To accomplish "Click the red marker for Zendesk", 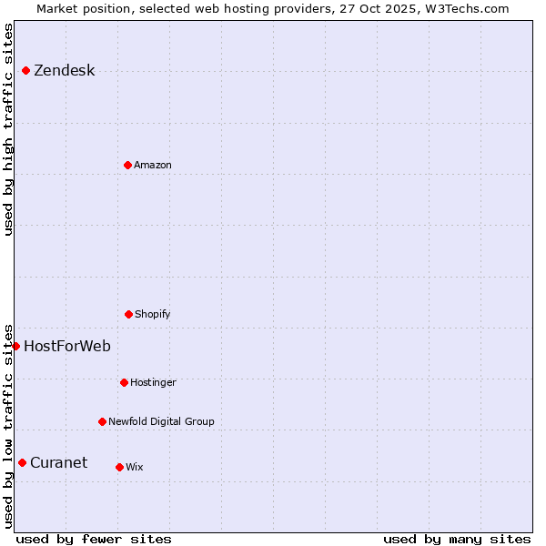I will click(25, 70).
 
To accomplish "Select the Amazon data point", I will click(127, 165).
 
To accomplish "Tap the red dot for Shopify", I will click(128, 314).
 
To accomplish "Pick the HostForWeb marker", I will click(15, 346).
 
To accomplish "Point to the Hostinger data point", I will click(124, 382).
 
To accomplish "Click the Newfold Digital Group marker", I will click(102, 421).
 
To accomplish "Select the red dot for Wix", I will click(119, 467).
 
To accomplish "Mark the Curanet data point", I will click(22, 462).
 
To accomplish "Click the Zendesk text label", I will click(64, 71).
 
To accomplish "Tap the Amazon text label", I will click(153, 166).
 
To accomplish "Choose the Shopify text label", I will click(153, 315).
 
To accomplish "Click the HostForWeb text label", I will click(67, 346).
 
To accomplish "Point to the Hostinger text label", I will click(153, 383).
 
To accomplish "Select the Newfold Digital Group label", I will click(161, 422).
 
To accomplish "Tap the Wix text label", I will click(135, 468).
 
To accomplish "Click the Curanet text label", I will click(59, 462).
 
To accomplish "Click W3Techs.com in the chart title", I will click(466, 8).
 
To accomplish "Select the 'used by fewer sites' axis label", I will click(94, 539).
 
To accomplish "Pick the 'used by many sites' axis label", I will click(457, 539).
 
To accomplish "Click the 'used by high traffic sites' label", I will click(8, 129).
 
